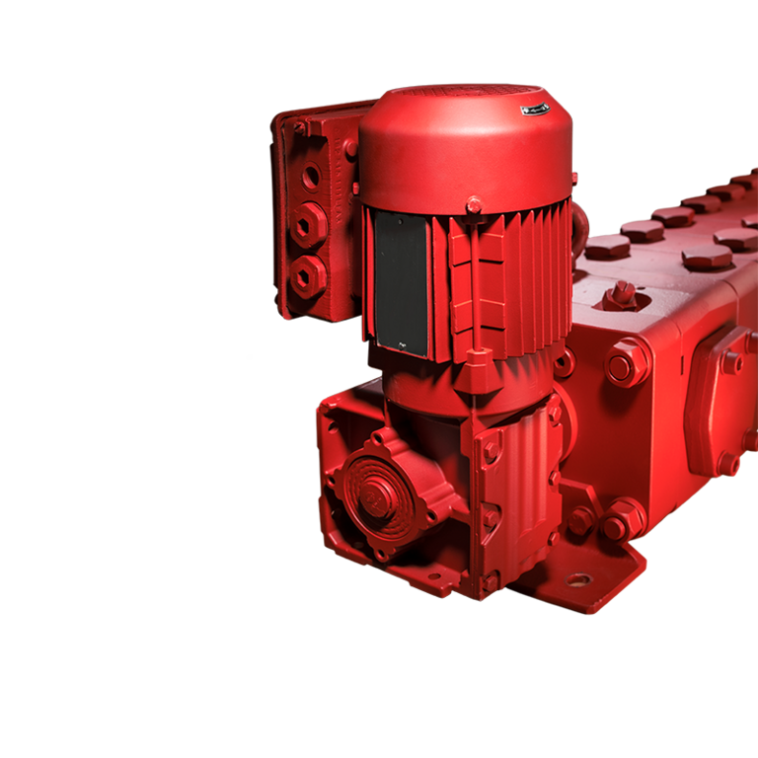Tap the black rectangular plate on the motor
tap(401, 281)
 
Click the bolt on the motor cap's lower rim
tap(474, 206)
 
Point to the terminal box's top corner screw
tap(300, 127)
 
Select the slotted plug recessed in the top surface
tap(622, 292)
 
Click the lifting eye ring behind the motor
tap(580, 223)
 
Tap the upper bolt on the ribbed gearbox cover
tap(491, 450)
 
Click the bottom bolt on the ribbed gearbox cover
tap(490, 582)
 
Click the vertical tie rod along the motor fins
tap(478, 286)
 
